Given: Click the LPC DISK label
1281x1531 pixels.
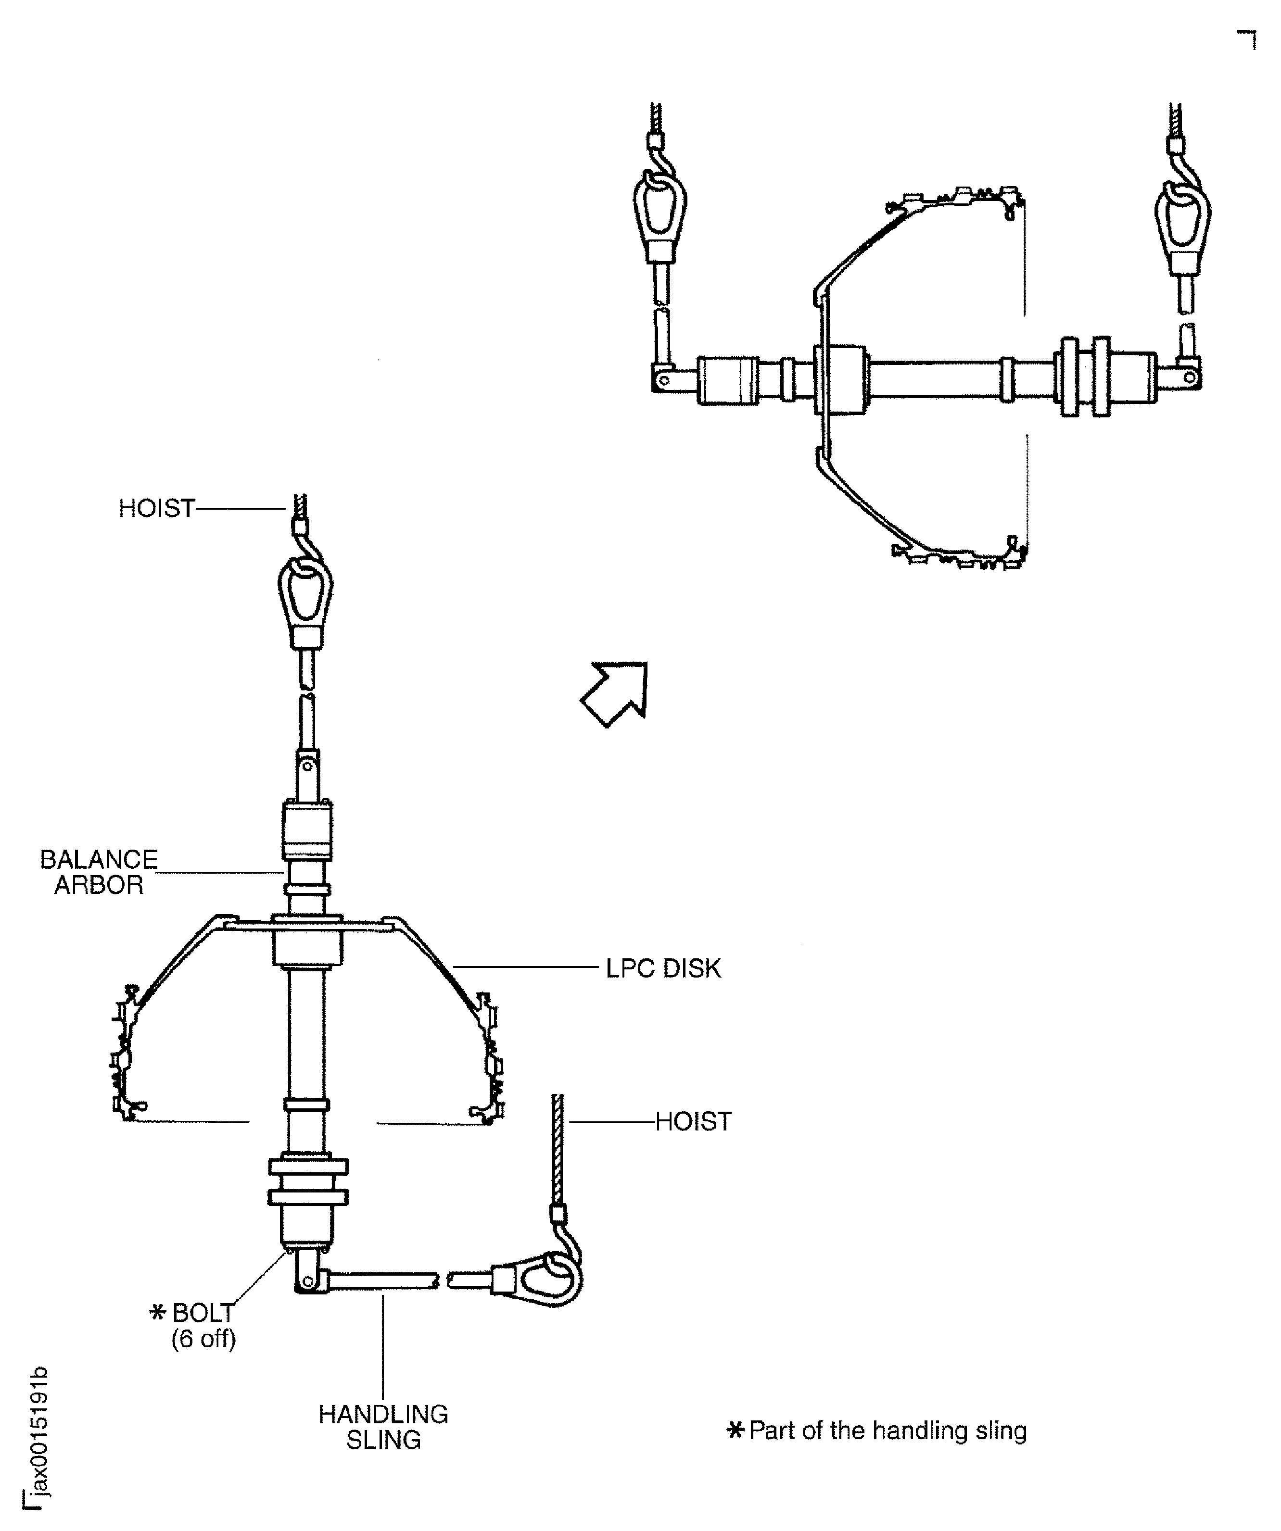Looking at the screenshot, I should [x=662, y=969].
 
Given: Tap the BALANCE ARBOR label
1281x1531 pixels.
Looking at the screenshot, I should [x=99, y=872].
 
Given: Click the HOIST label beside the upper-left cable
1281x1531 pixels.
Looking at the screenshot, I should [x=157, y=508].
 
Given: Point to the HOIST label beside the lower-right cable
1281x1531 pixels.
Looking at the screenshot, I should [x=693, y=1121].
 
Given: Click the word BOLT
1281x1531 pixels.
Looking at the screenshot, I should [x=203, y=1313].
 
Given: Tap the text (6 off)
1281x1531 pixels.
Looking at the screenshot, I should [x=203, y=1339].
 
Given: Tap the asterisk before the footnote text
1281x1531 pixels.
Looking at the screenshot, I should [x=736, y=1431].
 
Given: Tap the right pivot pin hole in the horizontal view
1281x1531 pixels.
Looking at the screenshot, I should [x=1190, y=377].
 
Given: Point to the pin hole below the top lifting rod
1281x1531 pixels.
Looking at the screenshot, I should [x=308, y=766].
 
